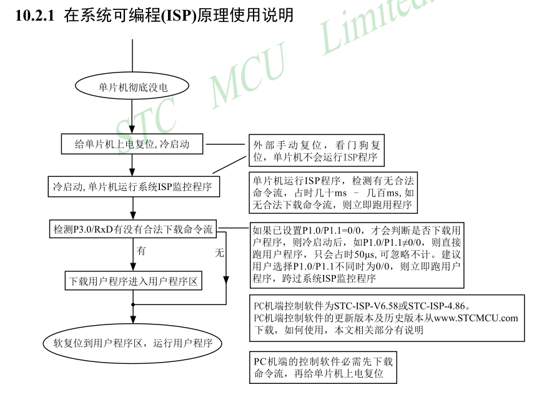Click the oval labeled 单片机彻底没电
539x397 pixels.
coord(132,86)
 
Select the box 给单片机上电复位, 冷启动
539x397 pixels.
coord(132,144)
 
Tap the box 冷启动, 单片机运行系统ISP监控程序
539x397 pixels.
coord(132,186)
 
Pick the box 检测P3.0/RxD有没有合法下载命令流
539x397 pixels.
coord(132,229)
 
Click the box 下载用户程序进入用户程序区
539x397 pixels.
coord(132,281)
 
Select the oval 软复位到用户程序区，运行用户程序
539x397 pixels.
coord(132,343)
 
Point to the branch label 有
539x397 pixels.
coord(141,251)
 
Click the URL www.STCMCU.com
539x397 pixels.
coord(476,318)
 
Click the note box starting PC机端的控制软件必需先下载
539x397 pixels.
coord(323,368)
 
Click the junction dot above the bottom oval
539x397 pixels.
coord(132,304)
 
